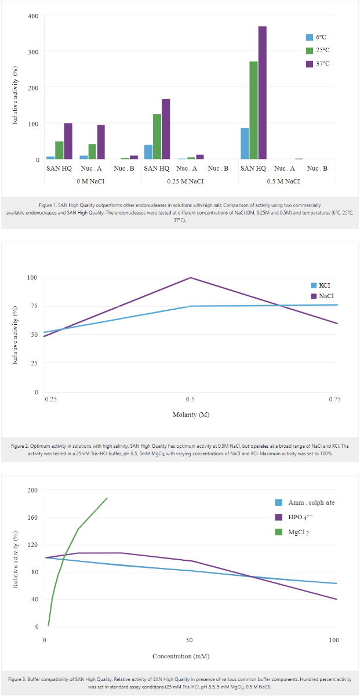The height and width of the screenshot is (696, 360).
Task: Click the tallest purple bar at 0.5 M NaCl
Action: pyautogui.click(x=262, y=93)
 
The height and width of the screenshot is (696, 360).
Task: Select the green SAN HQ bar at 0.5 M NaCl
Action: pyautogui.click(x=253, y=110)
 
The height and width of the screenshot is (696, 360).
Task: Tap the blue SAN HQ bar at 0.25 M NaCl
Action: pyautogui.click(x=148, y=152)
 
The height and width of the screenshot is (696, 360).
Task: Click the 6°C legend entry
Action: pyautogui.click(x=319, y=37)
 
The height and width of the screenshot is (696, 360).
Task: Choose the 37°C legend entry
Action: pyautogui.click(x=321, y=63)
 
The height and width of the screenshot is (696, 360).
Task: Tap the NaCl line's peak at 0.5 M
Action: pyautogui.click(x=190, y=277)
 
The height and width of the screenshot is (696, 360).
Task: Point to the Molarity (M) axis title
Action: pyautogui.click(x=190, y=415)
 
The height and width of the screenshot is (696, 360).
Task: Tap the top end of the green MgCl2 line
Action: pyautogui.click(x=107, y=498)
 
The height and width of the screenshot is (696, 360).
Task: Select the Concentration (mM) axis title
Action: pyautogui.click(x=181, y=656)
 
